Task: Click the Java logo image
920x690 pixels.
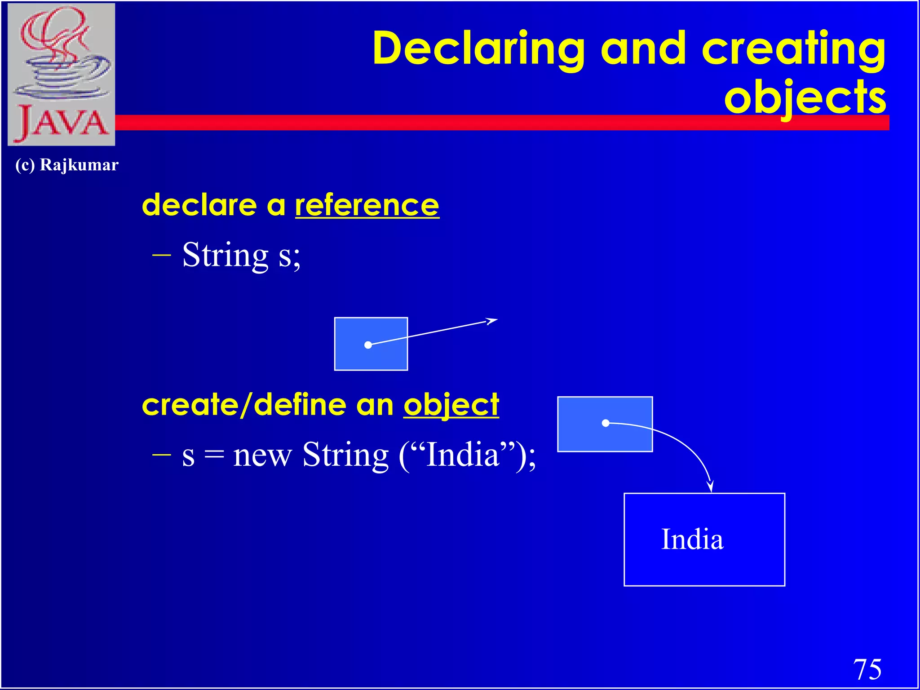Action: point(62,74)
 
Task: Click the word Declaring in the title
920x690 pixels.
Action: point(478,49)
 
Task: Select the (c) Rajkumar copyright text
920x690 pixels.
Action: point(67,165)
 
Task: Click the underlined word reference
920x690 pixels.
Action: point(367,205)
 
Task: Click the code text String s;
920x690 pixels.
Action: point(241,255)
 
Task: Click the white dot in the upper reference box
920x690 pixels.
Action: point(368,345)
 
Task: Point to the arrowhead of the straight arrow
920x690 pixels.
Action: point(493,321)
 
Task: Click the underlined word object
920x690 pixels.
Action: point(451,405)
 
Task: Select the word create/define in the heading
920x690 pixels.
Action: point(244,405)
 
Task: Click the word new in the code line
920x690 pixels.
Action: point(262,455)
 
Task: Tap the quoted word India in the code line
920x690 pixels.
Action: point(463,455)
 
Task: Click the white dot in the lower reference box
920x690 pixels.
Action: point(606,423)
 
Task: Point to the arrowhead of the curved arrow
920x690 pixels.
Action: point(710,487)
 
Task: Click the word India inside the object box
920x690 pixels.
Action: point(692,539)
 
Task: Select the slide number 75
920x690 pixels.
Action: point(867,669)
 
